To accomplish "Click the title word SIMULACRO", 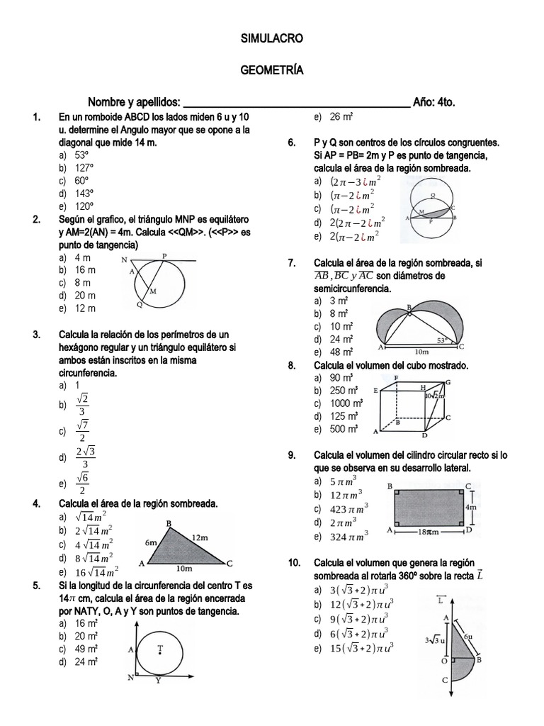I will pyautogui.click(x=272, y=37).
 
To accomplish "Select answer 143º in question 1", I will pyautogui.click(x=86, y=193).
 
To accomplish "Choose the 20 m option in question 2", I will pyautogui.click(x=85, y=296).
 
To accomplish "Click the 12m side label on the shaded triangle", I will pyautogui.click(x=199, y=538).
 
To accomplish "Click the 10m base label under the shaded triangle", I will pyautogui.click(x=183, y=568).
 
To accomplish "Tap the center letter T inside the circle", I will pyautogui.click(x=160, y=648).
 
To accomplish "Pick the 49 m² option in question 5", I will pyautogui.click(x=86, y=649).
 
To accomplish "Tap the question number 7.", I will pyautogui.click(x=291, y=263).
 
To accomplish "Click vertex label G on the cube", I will pyautogui.click(x=447, y=381).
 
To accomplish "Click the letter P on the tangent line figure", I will pyautogui.click(x=164, y=256).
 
